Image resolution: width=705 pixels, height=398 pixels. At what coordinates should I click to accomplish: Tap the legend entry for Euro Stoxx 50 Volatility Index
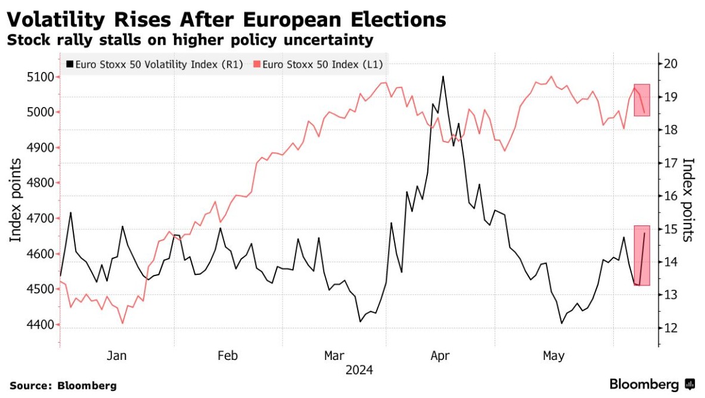point(155,65)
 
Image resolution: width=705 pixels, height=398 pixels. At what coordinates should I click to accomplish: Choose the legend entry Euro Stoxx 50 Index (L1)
point(318,65)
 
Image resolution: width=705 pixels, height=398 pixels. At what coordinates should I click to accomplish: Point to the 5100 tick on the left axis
point(42,77)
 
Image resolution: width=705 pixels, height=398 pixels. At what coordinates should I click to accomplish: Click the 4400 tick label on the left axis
point(42,325)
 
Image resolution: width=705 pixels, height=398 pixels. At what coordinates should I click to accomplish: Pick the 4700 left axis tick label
point(42,218)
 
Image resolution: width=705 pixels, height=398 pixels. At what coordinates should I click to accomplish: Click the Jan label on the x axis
point(117,356)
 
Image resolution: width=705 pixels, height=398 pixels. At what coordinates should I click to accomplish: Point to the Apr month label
point(440,356)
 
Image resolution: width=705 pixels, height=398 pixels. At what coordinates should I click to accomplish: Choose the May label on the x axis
point(553,356)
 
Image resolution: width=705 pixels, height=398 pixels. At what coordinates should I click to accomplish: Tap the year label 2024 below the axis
point(359,370)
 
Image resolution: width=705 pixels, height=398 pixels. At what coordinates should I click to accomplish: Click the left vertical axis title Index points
point(16,200)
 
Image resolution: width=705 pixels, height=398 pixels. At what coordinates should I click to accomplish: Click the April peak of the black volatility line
point(443,76)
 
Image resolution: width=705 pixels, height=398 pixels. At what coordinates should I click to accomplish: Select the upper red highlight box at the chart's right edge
point(642,100)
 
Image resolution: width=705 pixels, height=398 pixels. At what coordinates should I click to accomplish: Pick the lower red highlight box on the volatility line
point(642,255)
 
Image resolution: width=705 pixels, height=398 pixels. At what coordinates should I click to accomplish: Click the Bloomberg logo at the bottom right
point(652,384)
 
